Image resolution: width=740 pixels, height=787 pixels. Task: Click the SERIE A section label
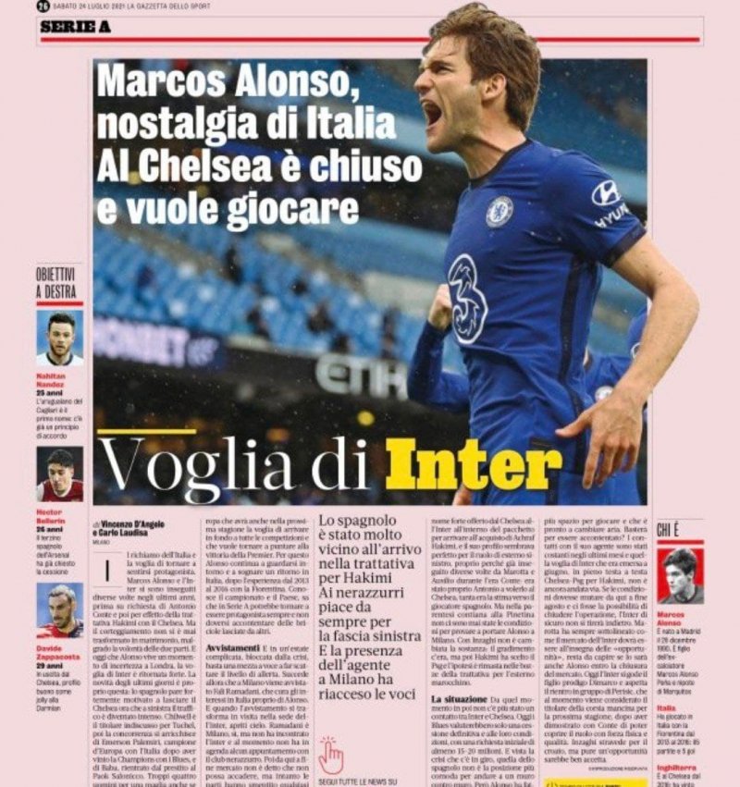click(x=69, y=28)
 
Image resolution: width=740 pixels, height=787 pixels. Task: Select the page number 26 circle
click(x=43, y=7)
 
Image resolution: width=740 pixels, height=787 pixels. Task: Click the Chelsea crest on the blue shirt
click(x=499, y=212)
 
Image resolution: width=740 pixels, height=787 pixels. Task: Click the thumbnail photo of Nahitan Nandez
click(x=59, y=338)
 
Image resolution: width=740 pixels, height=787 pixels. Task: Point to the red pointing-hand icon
click(x=330, y=755)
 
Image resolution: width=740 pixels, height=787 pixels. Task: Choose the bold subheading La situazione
click(x=467, y=701)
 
